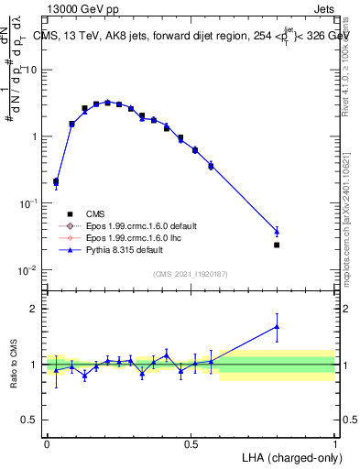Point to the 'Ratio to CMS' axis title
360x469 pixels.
(16, 365)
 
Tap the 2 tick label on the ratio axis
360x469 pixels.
(37, 309)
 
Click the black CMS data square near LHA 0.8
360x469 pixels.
(277, 245)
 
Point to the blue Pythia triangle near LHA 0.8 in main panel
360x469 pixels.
(277, 231)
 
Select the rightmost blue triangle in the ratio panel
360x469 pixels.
(277, 326)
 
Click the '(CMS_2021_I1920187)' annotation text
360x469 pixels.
(190, 273)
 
